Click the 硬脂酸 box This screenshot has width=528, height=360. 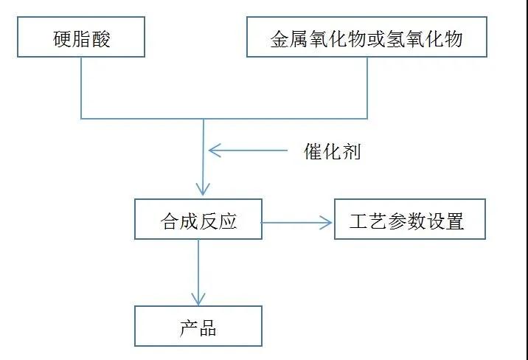coord(81,37)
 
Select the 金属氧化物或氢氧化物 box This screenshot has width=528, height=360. coord(367,37)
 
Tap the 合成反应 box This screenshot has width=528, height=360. coord(198,219)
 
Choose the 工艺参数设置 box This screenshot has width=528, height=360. coord(410,219)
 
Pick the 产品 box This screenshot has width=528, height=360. coord(198,326)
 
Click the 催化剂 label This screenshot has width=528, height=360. coord(332,151)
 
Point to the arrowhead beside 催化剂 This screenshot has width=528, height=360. coord(215,150)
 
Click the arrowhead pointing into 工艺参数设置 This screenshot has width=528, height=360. coord(326,223)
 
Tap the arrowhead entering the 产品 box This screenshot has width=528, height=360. coord(198,299)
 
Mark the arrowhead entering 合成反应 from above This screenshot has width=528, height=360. coord(203,190)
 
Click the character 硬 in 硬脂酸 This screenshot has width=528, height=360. coord(63,38)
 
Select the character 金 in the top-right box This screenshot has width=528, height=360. coord(279,39)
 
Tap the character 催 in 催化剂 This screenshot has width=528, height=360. coord(313,151)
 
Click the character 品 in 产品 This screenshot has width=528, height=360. coord(207,328)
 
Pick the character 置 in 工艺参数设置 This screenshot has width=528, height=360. coord(454,221)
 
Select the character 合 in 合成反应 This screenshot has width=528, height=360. coord(170,221)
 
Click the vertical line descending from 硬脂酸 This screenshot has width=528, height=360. coord(81,88)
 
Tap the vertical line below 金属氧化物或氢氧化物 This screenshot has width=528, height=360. coord(367,88)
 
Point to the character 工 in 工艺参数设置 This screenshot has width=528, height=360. coord(359,221)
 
